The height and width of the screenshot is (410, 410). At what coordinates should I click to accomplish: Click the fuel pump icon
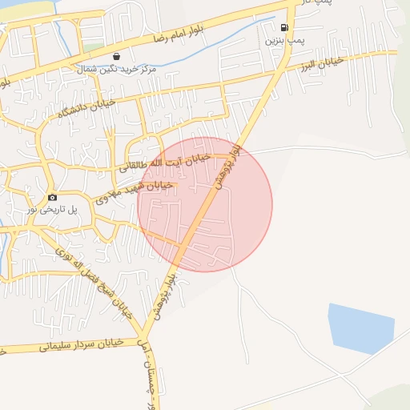click(284, 26)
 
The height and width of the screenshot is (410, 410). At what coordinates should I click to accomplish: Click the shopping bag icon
click(118, 57)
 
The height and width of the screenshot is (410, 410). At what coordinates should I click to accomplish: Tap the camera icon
click(52, 197)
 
